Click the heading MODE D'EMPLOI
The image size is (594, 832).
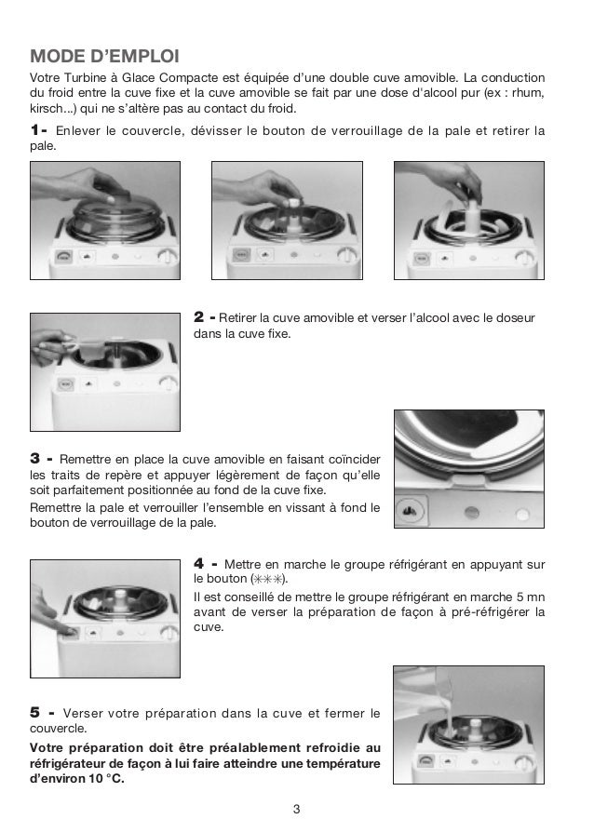pos(104,49)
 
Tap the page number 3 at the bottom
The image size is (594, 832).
pos(296,808)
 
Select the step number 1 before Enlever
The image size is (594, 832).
pos(38,129)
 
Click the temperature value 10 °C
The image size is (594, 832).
pos(104,779)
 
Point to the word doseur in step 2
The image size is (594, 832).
pos(513,317)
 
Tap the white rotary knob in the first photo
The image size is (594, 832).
pos(167,258)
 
